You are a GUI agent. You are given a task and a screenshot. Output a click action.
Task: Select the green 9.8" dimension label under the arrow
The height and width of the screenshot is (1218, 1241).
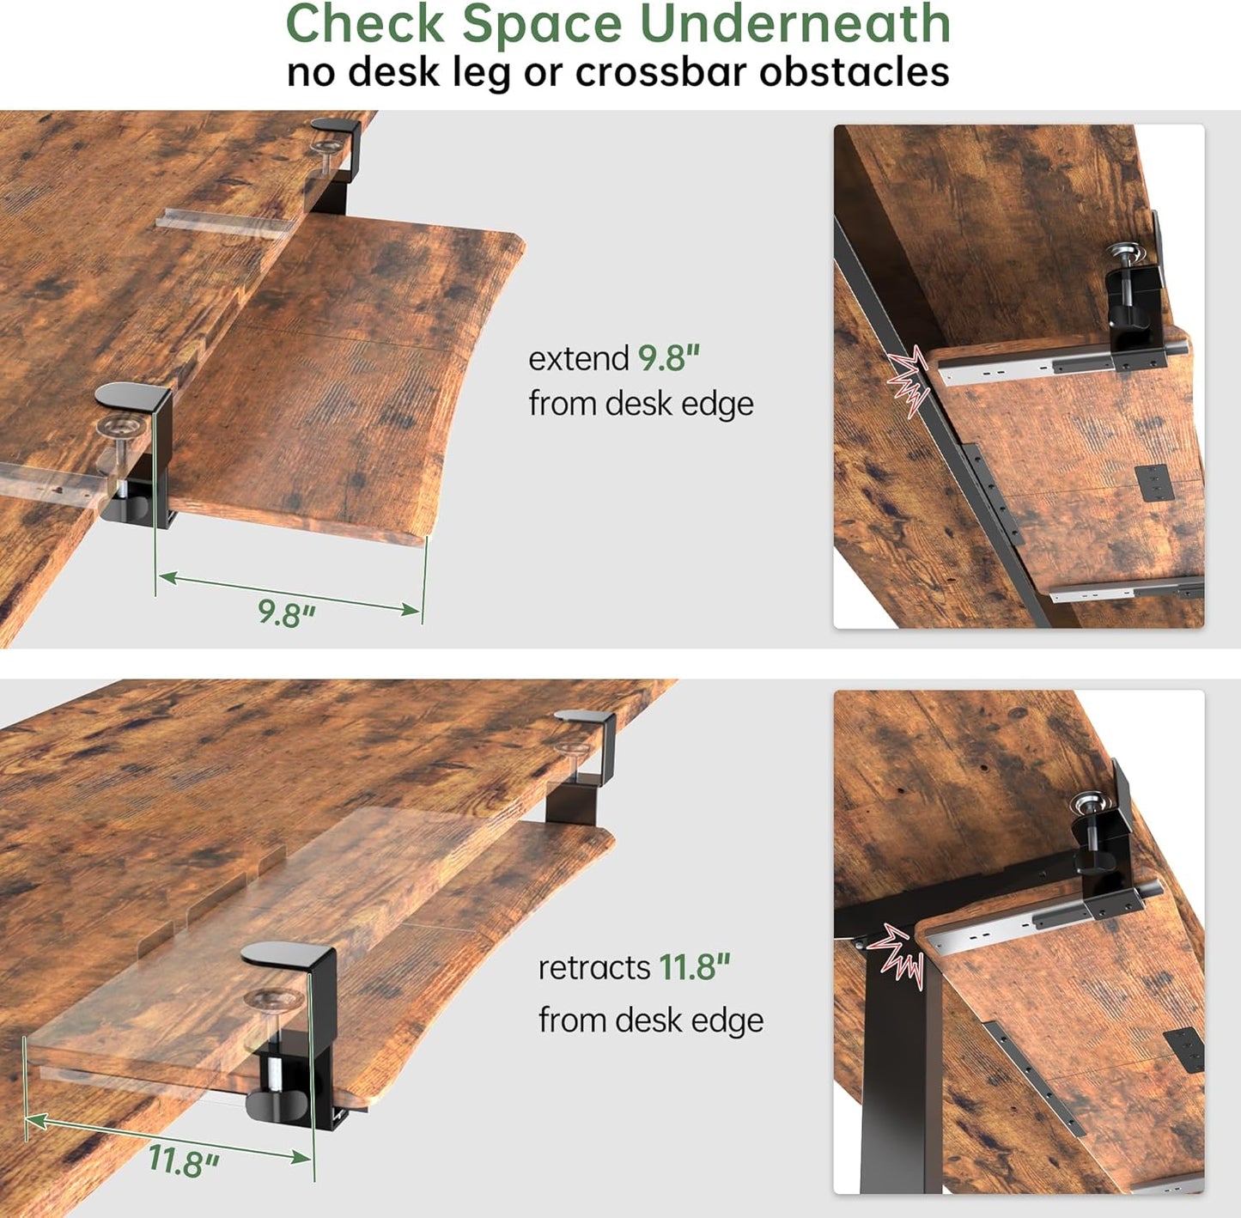[x=287, y=612]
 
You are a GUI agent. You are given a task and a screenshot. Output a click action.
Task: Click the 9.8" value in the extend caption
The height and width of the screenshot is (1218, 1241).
[x=668, y=358]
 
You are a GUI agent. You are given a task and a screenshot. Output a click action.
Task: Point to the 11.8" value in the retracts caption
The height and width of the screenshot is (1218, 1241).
[x=694, y=967]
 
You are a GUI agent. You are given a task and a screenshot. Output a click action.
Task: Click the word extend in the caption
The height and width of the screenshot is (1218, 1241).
[x=578, y=358]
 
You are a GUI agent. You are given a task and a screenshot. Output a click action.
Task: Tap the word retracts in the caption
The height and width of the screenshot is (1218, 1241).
[x=593, y=967]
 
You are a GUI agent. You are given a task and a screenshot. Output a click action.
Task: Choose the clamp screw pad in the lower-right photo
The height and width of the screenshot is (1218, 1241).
[x=1090, y=805]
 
